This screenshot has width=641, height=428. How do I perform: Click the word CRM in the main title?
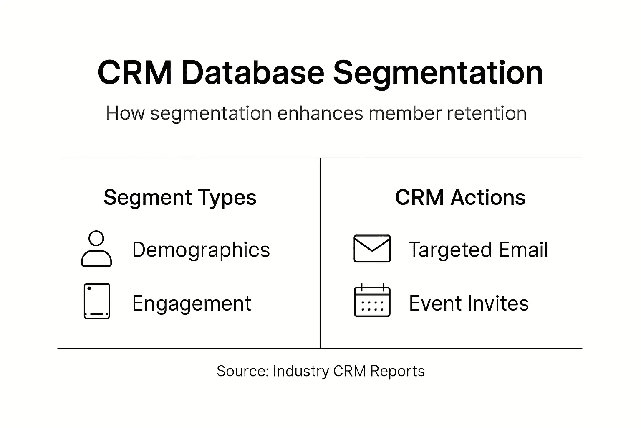[x=134, y=73]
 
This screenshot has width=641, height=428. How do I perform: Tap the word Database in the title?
[x=253, y=73]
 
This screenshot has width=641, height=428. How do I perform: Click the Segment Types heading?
[x=180, y=198]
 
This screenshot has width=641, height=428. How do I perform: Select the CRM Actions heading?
[x=460, y=197]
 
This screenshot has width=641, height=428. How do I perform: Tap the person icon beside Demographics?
[x=96, y=249]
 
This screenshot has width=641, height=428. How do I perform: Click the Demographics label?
[x=201, y=250]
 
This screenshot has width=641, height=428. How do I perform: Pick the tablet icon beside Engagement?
[x=97, y=301]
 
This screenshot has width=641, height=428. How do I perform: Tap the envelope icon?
[x=372, y=249]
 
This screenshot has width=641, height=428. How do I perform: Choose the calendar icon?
[x=372, y=301]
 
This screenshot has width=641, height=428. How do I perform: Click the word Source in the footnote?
[x=242, y=371]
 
